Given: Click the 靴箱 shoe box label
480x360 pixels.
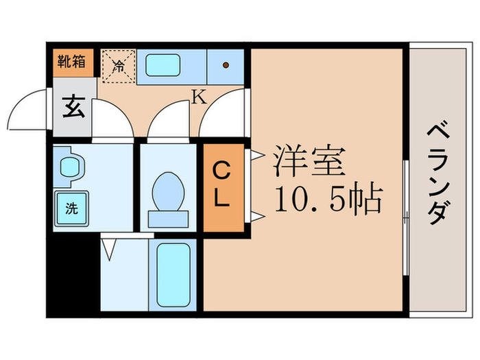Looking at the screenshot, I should pos(71,61).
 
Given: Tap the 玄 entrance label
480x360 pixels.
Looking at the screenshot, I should pos(71,108).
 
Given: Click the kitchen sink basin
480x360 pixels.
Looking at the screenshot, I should pos(162,65).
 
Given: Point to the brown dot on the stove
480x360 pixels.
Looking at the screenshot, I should pos(226,67).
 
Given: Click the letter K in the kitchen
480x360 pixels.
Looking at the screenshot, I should pos(198,97).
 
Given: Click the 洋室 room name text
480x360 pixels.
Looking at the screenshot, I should pos(309,163).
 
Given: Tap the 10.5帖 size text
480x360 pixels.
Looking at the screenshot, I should pos(328,199).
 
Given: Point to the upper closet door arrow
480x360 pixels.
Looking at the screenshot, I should pos(255,155).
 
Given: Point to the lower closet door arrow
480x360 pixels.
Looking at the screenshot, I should pos(255,218).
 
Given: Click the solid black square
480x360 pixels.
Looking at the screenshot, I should pos(73,274).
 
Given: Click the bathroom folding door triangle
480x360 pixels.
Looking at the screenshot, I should pos(109,248).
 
